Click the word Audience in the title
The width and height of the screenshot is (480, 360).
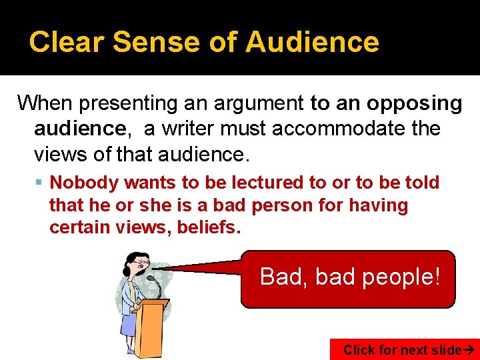[x=312, y=41]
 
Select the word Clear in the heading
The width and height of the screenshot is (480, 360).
[x=67, y=41]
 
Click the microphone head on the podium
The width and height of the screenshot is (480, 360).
[x=151, y=278]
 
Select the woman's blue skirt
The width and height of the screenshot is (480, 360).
[x=129, y=323]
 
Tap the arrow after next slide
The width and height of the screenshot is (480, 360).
[x=467, y=350]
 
